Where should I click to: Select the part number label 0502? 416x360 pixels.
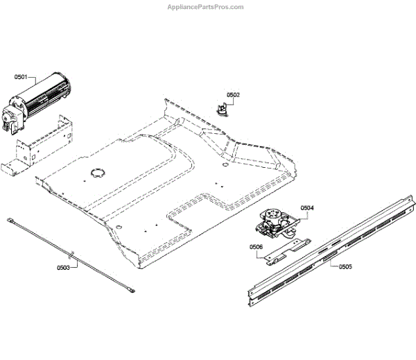click(x=233, y=94)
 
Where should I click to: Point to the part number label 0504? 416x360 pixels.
click(x=307, y=207)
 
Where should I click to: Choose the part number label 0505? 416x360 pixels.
click(x=345, y=266)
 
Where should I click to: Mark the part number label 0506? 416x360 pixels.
click(x=256, y=246)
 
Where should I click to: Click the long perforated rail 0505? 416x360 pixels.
click(x=326, y=251)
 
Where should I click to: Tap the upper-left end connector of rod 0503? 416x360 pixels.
click(x=12, y=221)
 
